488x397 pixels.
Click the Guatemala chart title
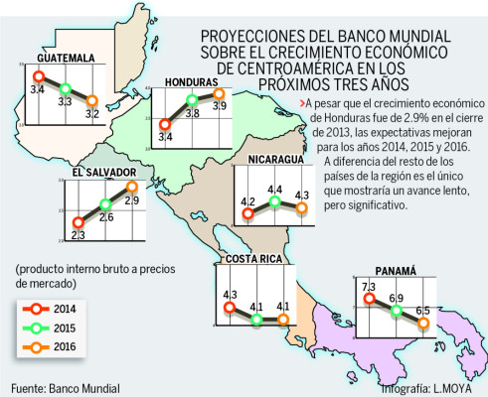pyautogui.click(x=57, y=57)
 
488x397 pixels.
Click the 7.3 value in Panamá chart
pyautogui.click(x=369, y=288)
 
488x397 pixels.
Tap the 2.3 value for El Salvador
pyautogui.click(x=79, y=234)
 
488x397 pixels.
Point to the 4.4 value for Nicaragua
pyautogui.click(x=273, y=190)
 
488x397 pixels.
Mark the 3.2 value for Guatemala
pyautogui.click(x=92, y=114)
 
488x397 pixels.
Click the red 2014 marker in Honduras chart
pyautogui.click(x=164, y=123)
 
